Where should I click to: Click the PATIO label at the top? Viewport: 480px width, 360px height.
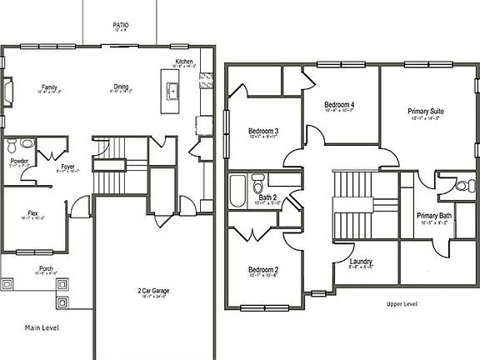pyautogui.click(x=121, y=25)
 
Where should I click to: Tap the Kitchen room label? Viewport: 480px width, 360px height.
pyautogui.click(x=183, y=61)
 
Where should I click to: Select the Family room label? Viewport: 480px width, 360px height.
pyautogui.click(x=49, y=87)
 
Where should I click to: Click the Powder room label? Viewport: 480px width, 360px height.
pyautogui.click(x=19, y=161)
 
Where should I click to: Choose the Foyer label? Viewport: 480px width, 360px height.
pyautogui.click(x=67, y=167)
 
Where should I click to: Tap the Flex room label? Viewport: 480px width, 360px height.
pyautogui.click(x=33, y=213)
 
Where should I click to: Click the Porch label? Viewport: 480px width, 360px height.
pyautogui.click(x=46, y=268)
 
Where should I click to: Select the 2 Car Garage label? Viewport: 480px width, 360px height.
pyautogui.click(x=153, y=291)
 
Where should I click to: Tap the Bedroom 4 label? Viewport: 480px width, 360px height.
pyautogui.click(x=340, y=104)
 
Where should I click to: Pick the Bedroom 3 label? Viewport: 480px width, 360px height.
pyautogui.click(x=263, y=131)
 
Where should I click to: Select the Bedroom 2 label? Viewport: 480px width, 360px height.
pyautogui.click(x=263, y=270)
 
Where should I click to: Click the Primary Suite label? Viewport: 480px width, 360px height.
pyautogui.click(x=425, y=111)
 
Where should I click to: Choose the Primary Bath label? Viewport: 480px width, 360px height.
pyautogui.click(x=434, y=216)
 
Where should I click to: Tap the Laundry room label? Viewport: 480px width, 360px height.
pyautogui.click(x=361, y=262)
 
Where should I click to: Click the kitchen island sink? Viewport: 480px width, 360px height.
pyautogui.click(x=173, y=92)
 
